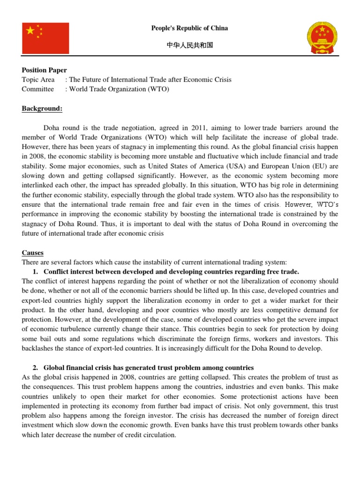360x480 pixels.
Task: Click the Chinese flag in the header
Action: [45, 38]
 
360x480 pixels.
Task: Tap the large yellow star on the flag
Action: [30, 31]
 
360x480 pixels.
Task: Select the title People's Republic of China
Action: [189, 28]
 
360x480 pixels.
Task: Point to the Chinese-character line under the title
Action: [190, 45]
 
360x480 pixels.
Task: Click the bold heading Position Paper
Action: [45, 70]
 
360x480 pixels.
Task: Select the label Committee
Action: [38, 89]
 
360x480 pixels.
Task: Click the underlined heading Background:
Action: [42, 109]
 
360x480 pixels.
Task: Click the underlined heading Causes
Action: [33, 253]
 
